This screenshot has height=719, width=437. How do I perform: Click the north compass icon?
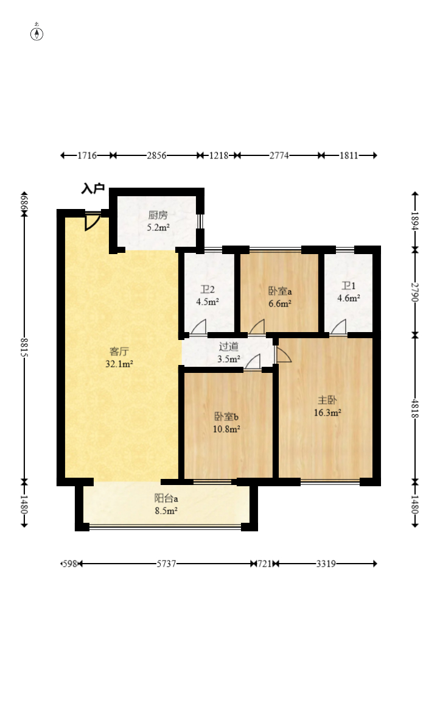pos(37,33)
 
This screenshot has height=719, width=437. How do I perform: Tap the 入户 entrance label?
pos(93,188)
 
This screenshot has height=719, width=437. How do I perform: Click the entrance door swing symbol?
pos(92,221)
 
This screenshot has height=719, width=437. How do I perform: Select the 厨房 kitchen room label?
pos(158,214)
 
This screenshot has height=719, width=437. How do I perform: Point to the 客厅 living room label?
pos(119,351)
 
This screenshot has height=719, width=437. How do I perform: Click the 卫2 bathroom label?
pos(208,289)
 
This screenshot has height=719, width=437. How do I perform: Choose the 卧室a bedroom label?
pos(280,291)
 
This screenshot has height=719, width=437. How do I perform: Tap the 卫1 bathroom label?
pos(349,286)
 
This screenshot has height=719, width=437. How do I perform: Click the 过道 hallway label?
pos(229,347)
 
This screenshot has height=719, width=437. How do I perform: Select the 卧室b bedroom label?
pos(226,416)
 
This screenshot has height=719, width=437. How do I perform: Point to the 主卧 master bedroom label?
pos(327,400)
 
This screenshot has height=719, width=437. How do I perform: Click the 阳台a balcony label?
pos(166,498)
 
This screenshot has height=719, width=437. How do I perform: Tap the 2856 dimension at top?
pos(156,155)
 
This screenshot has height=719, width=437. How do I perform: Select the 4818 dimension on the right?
pos(414,408)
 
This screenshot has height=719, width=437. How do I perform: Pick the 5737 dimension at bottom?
pos(166,564)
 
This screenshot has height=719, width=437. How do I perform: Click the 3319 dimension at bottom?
pos(326,564)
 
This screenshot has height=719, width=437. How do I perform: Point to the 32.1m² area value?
pos(119,364)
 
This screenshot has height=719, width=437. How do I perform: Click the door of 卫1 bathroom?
pos(338,327)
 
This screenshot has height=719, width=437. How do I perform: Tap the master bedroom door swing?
pos(282,355)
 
